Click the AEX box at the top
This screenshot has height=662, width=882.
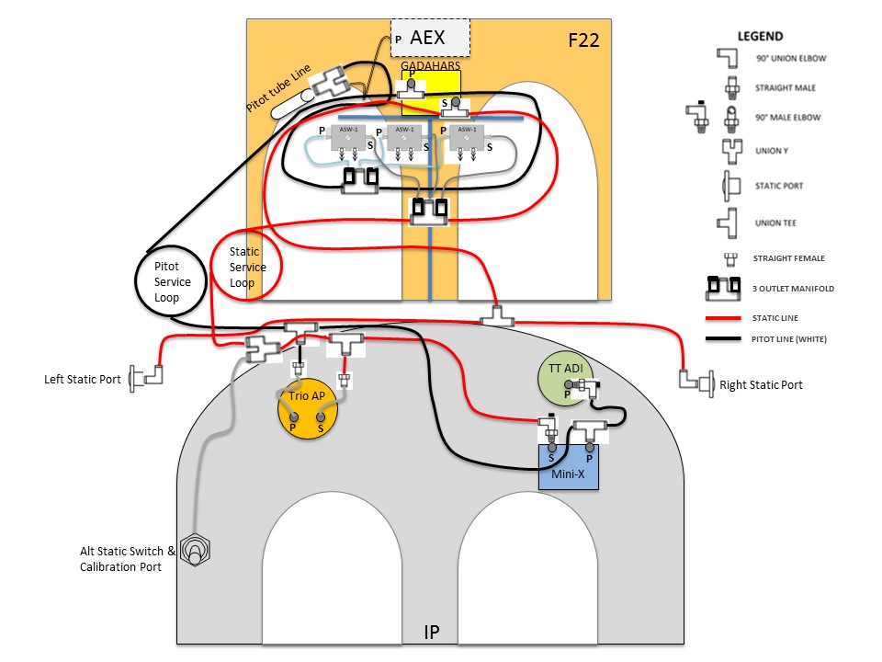[x=430, y=38]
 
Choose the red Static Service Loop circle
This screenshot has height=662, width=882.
[x=246, y=267]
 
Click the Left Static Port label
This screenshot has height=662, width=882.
[x=83, y=380]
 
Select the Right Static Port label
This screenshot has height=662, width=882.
[x=761, y=384]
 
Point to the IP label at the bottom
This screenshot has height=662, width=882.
[x=432, y=633]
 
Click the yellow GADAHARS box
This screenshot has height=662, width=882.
[x=430, y=92]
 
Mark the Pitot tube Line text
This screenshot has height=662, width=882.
[x=279, y=89]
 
